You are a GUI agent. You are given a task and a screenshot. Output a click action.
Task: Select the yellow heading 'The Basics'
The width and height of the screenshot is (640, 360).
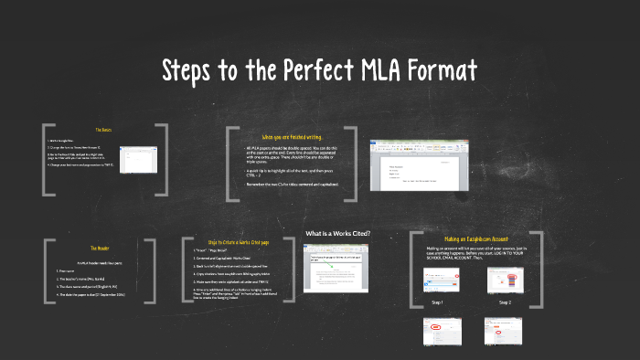click(x=102, y=130)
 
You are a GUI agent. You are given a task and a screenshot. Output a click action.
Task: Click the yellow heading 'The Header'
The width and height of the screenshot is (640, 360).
click(x=99, y=248)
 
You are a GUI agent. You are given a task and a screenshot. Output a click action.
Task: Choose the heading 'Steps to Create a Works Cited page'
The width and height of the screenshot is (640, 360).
click(x=240, y=241)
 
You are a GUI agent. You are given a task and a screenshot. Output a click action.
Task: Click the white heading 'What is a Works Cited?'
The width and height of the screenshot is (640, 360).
click(x=337, y=233)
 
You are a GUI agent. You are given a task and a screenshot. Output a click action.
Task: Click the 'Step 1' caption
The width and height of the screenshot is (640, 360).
click(x=437, y=302)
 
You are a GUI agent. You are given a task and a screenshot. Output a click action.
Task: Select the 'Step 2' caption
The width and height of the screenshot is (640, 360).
click(x=505, y=302)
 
